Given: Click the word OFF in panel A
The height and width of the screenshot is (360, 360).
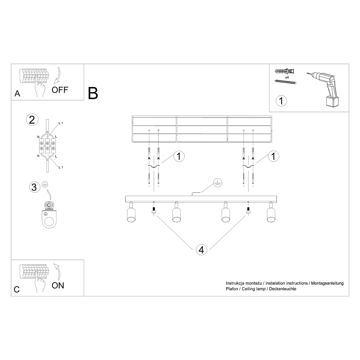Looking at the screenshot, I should pyautogui.click(x=60, y=90).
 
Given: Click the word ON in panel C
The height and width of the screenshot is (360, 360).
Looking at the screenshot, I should pyautogui.click(x=58, y=285).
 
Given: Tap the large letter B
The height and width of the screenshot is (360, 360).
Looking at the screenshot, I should pyautogui.click(x=93, y=93).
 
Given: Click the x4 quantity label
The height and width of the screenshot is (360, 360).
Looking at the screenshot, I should pyautogui.click(x=287, y=77).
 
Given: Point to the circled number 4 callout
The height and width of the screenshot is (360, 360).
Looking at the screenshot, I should pyautogui.click(x=201, y=249).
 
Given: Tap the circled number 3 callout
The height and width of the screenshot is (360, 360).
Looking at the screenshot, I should pyautogui.click(x=34, y=187).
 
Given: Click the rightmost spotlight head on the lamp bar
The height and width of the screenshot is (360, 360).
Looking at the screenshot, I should pyautogui.click(x=271, y=214).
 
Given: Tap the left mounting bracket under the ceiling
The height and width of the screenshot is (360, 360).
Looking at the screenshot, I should pyautogui.click(x=153, y=167).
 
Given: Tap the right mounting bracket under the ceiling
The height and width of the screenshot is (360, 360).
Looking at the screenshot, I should pyautogui.click(x=248, y=167).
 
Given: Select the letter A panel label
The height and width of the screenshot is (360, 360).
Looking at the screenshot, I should pyautogui.click(x=17, y=94).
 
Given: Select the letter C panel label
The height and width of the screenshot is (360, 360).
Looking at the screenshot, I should pyautogui.click(x=17, y=289).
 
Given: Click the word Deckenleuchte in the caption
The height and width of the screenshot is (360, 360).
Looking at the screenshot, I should pyautogui.click(x=283, y=289).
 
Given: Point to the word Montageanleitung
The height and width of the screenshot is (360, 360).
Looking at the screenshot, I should pyautogui.click(x=327, y=283).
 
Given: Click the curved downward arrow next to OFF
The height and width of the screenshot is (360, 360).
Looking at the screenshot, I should pyautogui.click(x=58, y=75).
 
